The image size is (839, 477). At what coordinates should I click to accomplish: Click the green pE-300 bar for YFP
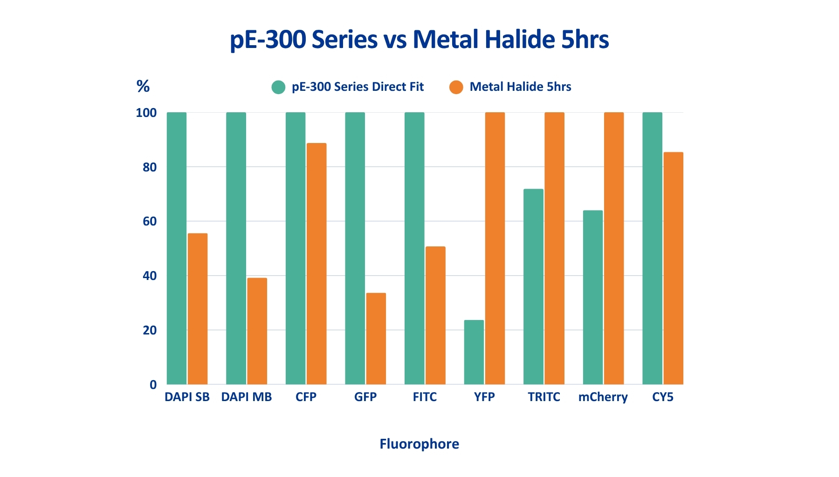click(x=474, y=352)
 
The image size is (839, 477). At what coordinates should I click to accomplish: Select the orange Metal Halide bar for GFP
click(x=376, y=339)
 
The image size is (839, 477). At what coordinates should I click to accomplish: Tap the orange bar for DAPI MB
click(x=257, y=331)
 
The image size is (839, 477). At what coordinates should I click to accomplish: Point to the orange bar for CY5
click(x=673, y=268)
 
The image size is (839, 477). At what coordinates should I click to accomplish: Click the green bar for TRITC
click(x=533, y=286)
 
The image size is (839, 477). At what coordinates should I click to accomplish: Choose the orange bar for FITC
click(x=435, y=315)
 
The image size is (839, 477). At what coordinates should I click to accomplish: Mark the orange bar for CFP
click(x=316, y=264)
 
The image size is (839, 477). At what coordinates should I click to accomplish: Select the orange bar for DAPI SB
click(x=198, y=309)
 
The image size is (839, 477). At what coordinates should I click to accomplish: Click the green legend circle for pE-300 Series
click(x=278, y=87)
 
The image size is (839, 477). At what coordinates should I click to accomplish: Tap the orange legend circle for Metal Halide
click(x=456, y=87)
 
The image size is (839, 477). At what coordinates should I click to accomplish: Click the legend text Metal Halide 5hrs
click(x=520, y=87)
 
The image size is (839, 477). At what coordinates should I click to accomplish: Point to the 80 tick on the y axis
click(x=150, y=167)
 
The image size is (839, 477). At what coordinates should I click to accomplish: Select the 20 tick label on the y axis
click(x=150, y=331)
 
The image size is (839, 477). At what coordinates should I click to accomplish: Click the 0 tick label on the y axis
click(x=153, y=385)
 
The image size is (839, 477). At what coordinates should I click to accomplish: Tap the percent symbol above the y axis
click(x=143, y=86)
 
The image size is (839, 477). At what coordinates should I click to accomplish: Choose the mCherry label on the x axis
click(x=603, y=397)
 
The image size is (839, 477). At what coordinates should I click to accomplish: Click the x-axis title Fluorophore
click(x=419, y=444)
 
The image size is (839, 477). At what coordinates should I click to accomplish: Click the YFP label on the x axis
click(x=484, y=397)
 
